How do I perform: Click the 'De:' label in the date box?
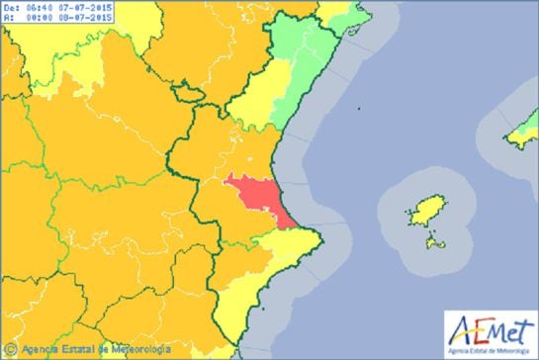pyautogui.click(x=11, y=7)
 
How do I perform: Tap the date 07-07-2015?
pyautogui.click(x=85, y=7)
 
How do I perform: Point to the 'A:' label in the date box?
pyautogui.click(x=9, y=17)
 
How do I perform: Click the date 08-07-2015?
pyautogui.click(x=85, y=17)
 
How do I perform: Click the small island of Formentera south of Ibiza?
pyautogui.click(x=436, y=240)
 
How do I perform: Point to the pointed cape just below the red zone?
pyautogui.click(x=317, y=234)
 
